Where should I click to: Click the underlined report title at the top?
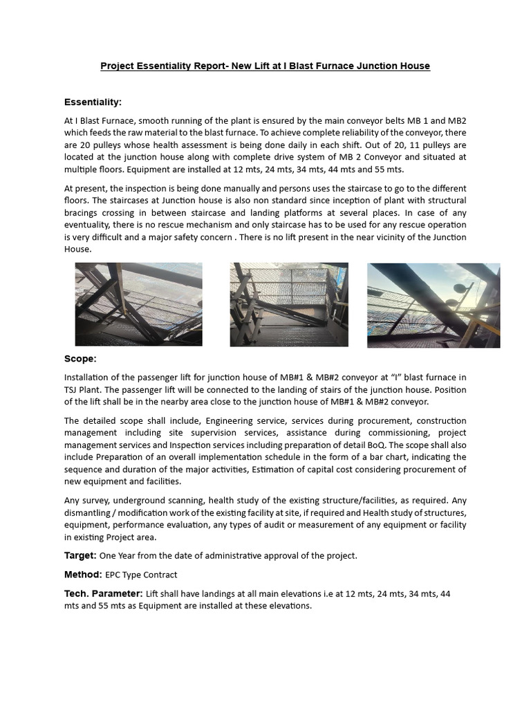pyautogui.click(x=265, y=66)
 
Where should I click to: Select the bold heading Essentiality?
pyautogui.click(x=93, y=102)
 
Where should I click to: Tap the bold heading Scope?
pyautogui.click(x=80, y=359)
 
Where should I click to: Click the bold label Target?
pyautogui.click(x=81, y=556)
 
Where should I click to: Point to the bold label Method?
pyautogui.click(x=83, y=575)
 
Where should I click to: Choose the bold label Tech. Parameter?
pyautogui.click(x=104, y=593)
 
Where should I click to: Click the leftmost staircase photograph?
pyautogui.click(x=138, y=304)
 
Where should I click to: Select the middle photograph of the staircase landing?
pyautogui.click(x=288, y=304)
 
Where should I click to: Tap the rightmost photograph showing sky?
pyautogui.click(x=434, y=305)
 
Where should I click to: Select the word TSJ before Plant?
pyautogui.click(x=73, y=390)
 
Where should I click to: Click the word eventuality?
pyautogui.click(x=88, y=225)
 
